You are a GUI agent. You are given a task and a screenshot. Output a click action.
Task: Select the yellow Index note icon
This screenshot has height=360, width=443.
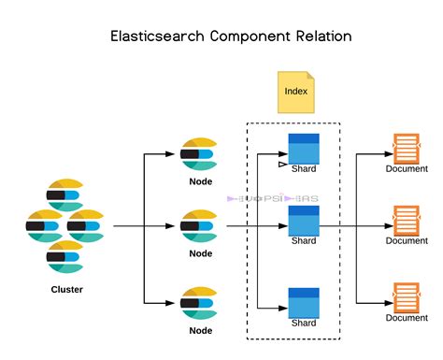coord(296,91)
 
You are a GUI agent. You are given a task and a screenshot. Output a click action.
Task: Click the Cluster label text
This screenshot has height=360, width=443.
coord(66,290)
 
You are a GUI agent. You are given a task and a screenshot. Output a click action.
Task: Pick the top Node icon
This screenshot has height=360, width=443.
coord(200,152)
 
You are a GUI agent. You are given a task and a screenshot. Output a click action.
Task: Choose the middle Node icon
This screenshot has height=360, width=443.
coord(200,225)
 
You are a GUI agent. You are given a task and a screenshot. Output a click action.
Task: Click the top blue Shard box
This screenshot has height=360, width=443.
coord(304,149)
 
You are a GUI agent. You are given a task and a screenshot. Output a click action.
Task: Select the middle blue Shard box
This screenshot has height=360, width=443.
coord(304,221)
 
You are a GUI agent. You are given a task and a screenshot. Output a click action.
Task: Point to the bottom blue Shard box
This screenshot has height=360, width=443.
coord(304,301)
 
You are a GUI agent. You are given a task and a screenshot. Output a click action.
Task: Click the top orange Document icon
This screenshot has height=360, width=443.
coord(406,148)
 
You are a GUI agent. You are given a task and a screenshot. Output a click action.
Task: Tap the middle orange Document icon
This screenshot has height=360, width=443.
coord(406,220)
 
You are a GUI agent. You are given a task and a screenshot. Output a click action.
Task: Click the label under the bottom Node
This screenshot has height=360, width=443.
coord(200,329)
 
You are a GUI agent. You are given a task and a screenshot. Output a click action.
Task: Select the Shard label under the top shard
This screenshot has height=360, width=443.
coord(304,169)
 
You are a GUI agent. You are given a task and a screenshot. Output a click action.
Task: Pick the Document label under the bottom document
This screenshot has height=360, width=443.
coord(407,318)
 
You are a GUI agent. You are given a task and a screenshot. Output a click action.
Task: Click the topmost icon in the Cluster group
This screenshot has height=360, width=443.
coord(66,193)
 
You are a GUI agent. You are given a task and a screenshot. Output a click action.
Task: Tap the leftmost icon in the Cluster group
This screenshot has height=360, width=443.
coord(43,226)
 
